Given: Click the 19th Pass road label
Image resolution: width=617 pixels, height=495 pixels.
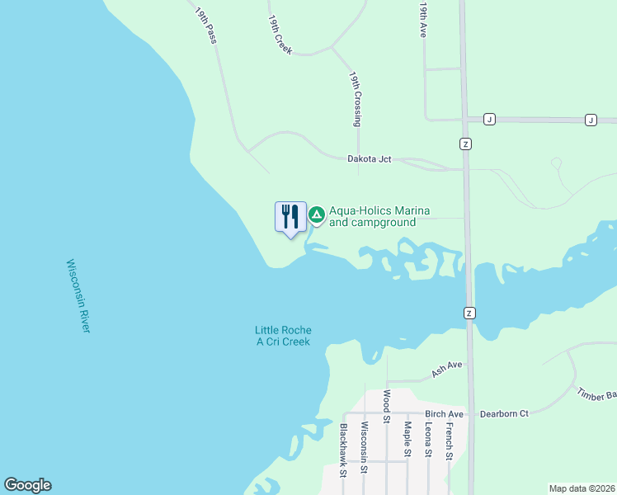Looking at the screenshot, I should point(205,26).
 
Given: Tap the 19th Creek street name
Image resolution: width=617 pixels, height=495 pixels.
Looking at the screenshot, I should point(280,35).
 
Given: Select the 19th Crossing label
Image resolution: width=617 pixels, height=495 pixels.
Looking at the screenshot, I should point(355,98).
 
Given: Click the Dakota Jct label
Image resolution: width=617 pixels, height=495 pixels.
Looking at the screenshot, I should point(369,158).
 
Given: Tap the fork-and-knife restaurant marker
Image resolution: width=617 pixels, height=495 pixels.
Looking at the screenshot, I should point(290,218).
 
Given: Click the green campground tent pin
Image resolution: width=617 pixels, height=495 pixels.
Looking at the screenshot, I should point(316,216).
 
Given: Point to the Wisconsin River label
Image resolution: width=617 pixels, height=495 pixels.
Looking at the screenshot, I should point(78,296).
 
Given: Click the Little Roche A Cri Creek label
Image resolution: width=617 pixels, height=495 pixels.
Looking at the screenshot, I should point(283,336).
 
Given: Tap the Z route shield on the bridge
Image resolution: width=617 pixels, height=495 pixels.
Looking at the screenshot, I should point(469,313).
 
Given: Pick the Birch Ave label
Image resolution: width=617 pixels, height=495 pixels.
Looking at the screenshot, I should point(445,413).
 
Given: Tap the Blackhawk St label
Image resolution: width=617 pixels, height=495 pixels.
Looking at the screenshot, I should point(343,450).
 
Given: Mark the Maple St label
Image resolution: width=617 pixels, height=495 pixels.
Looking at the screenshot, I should point(407,439).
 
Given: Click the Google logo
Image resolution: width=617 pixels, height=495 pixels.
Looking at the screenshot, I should point(27,485).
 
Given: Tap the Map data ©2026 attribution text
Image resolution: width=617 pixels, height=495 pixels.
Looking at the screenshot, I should point(582,488).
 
